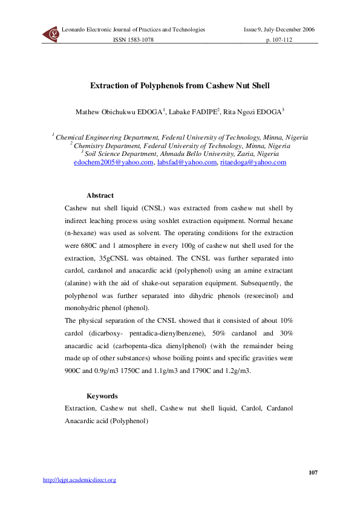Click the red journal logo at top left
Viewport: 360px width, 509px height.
pos(50,35)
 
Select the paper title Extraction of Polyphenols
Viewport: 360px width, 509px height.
pos(180,86)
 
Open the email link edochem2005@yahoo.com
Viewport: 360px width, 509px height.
pos(113,163)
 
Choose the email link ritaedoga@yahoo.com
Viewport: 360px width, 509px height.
pos(253,163)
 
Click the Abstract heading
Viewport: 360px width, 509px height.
pos(100,195)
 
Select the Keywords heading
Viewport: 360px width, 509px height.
pos(102,397)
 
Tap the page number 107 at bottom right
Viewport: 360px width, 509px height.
pos(313,472)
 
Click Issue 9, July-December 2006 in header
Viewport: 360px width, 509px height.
pos(279,30)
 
